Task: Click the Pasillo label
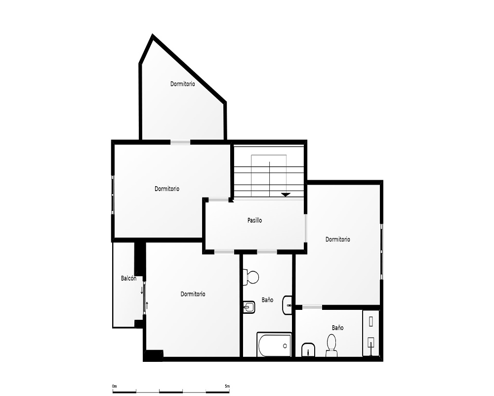254,220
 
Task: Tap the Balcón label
128,278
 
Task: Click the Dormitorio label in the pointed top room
183,84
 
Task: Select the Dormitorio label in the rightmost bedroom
338,240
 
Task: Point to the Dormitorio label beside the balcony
193,294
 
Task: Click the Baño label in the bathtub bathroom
267,299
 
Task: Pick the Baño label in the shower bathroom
338,328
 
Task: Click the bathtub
274,345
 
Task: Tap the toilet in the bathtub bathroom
251,278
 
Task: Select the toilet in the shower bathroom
331,345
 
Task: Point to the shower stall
371,333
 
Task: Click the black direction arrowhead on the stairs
286,195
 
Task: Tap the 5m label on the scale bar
227,386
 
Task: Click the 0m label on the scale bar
115,386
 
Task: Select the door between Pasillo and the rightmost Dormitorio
305,228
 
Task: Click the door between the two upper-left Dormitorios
180,142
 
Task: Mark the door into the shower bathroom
312,307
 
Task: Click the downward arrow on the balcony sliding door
142,290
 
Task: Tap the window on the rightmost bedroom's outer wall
381,251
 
